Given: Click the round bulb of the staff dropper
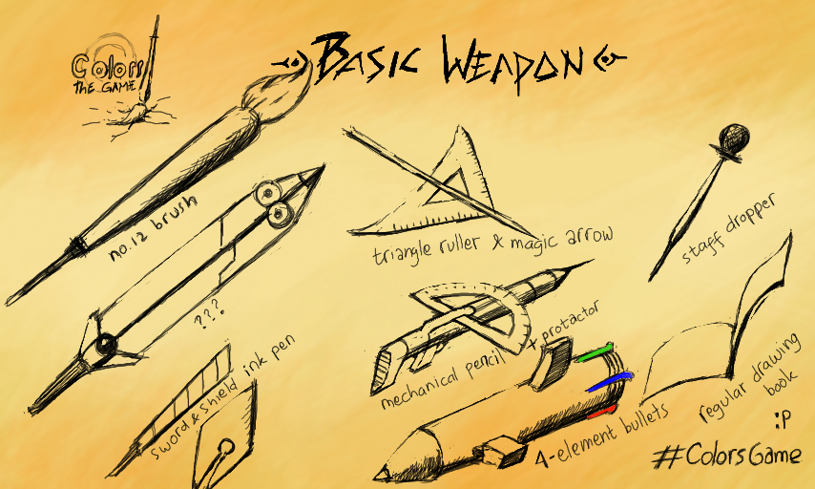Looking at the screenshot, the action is click(733, 137).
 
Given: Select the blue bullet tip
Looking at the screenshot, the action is click(606, 382).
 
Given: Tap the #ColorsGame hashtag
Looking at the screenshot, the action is click(727, 455).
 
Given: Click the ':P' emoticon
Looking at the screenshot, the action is click(783, 421).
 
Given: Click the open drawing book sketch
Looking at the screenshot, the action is click(725, 325).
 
